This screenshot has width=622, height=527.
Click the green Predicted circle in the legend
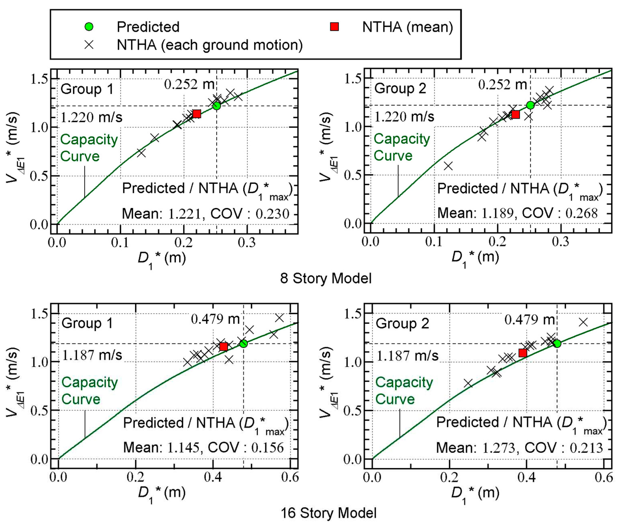pyautogui.click(x=89, y=27)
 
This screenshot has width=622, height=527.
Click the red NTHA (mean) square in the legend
pyautogui.click(x=334, y=27)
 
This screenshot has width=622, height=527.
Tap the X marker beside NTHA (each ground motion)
pyautogui.click(x=89, y=45)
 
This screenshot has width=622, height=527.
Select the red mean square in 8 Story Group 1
pyautogui.click(x=196, y=113)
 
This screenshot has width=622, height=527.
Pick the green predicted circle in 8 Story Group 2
pyautogui.click(x=530, y=105)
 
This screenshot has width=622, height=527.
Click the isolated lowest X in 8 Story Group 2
pyautogui.click(x=448, y=166)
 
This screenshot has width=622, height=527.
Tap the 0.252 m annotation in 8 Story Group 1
pyautogui.click(x=189, y=85)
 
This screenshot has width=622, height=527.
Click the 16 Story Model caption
pyautogui.click(x=328, y=513)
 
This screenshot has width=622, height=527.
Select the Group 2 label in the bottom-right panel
pyautogui.click(x=402, y=324)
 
